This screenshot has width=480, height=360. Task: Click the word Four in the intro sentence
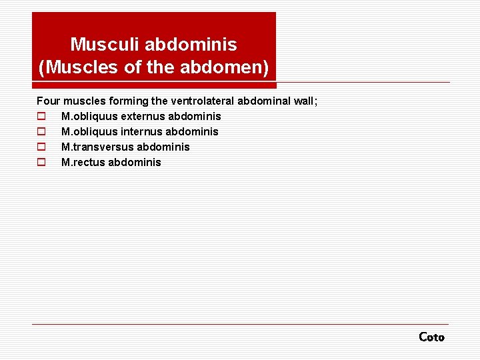click(x=48, y=101)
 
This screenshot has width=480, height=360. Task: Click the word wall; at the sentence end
click(x=305, y=101)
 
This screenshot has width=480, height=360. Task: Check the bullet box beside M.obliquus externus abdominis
click(x=41, y=117)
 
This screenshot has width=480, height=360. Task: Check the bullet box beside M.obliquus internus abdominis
click(x=41, y=132)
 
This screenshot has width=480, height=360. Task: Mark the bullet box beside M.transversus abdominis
click(x=41, y=147)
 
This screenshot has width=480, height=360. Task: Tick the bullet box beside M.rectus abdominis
click(x=41, y=163)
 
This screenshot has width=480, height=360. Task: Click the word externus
click(x=143, y=117)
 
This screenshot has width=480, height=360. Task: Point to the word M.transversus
click(x=97, y=147)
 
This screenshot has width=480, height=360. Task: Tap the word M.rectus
click(x=83, y=163)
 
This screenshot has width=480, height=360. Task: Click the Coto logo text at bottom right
click(x=431, y=337)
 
